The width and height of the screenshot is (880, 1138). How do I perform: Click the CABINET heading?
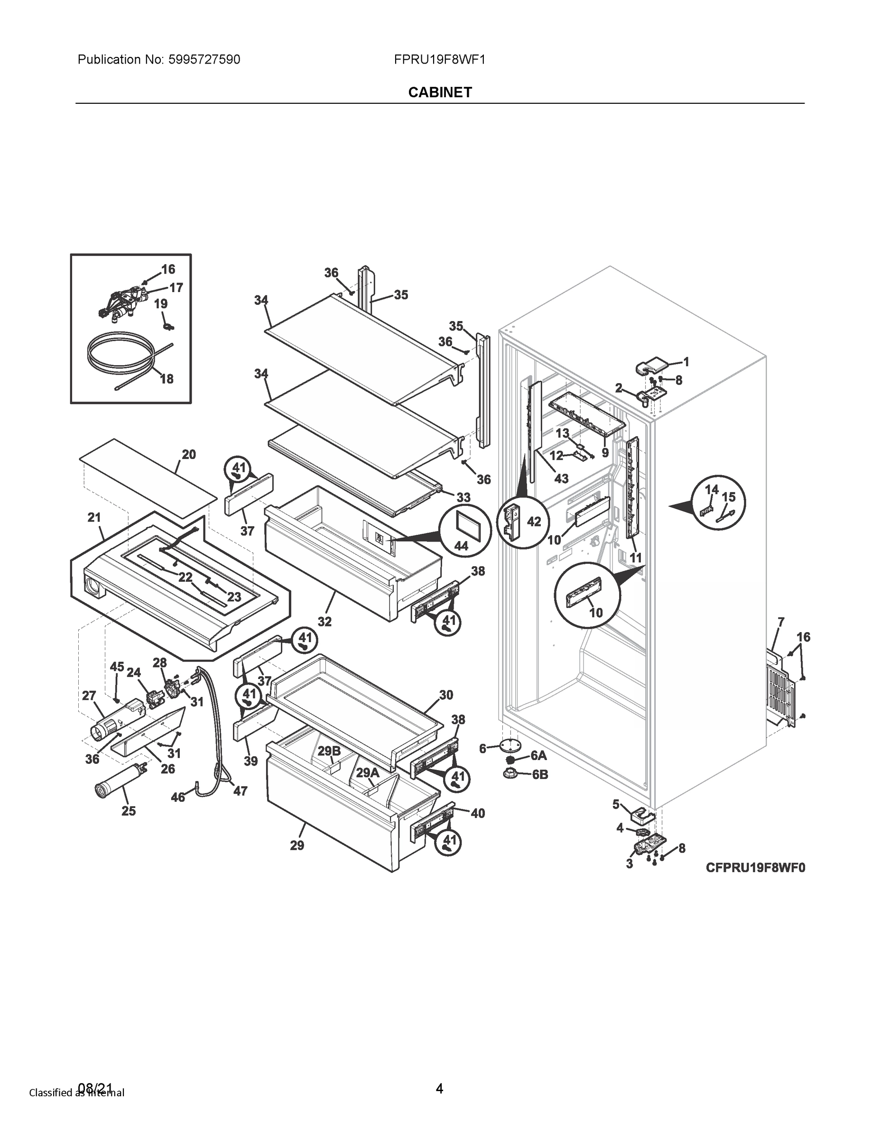tap(440, 92)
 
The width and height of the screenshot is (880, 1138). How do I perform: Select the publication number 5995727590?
tap(204, 59)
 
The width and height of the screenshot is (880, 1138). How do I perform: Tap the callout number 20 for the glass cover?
tap(189, 454)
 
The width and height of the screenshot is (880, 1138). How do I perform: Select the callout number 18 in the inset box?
tap(167, 379)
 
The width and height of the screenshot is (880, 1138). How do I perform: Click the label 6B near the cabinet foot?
tap(540, 775)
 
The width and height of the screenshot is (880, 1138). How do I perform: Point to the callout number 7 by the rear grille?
tap(781, 622)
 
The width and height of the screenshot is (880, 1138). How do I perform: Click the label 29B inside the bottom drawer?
tap(329, 751)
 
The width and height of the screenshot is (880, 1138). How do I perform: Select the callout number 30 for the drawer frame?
tap(446, 695)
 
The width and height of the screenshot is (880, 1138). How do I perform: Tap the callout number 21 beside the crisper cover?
tap(94, 517)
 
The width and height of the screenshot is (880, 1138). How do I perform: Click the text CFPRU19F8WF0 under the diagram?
tap(755, 868)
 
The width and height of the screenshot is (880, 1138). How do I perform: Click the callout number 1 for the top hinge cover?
tap(686, 362)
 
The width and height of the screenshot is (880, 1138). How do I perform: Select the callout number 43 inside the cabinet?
tap(561, 478)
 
